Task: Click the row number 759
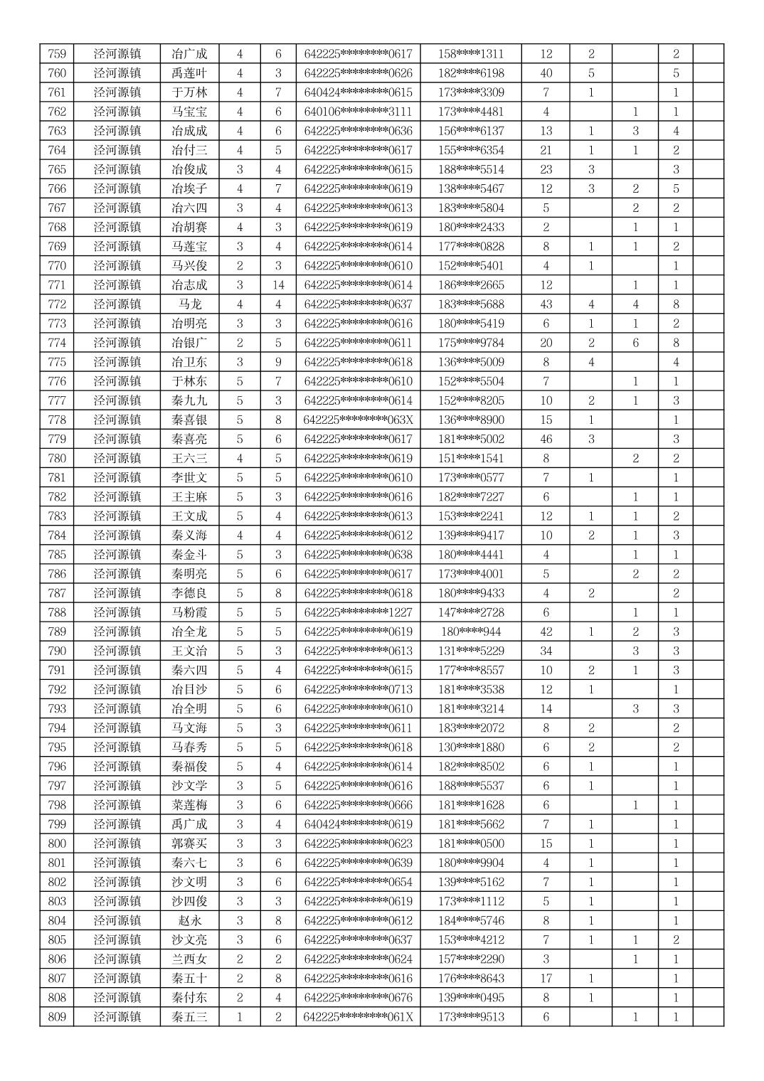click(x=57, y=54)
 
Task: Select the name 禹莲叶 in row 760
click(x=190, y=73)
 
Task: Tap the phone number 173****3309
click(x=471, y=92)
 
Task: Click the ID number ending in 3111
click(x=358, y=112)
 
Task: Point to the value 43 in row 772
click(x=546, y=304)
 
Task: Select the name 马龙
click(x=190, y=304)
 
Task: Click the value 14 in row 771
click(x=278, y=285)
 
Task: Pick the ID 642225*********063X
click(x=358, y=420)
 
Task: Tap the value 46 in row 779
click(x=546, y=439)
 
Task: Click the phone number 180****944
click(x=471, y=632)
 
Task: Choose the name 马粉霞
click(x=190, y=612)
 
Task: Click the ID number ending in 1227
click(x=358, y=612)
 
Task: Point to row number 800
click(x=57, y=843)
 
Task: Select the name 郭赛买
click(x=190, y=843)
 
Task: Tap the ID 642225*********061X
click(x=358, y=1017)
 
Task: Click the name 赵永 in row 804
click(x=190, y=920)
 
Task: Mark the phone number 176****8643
click(x=471, y=979)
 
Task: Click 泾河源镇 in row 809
click(x=117, y=1017)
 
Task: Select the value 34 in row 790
click(x=546, y=651)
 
